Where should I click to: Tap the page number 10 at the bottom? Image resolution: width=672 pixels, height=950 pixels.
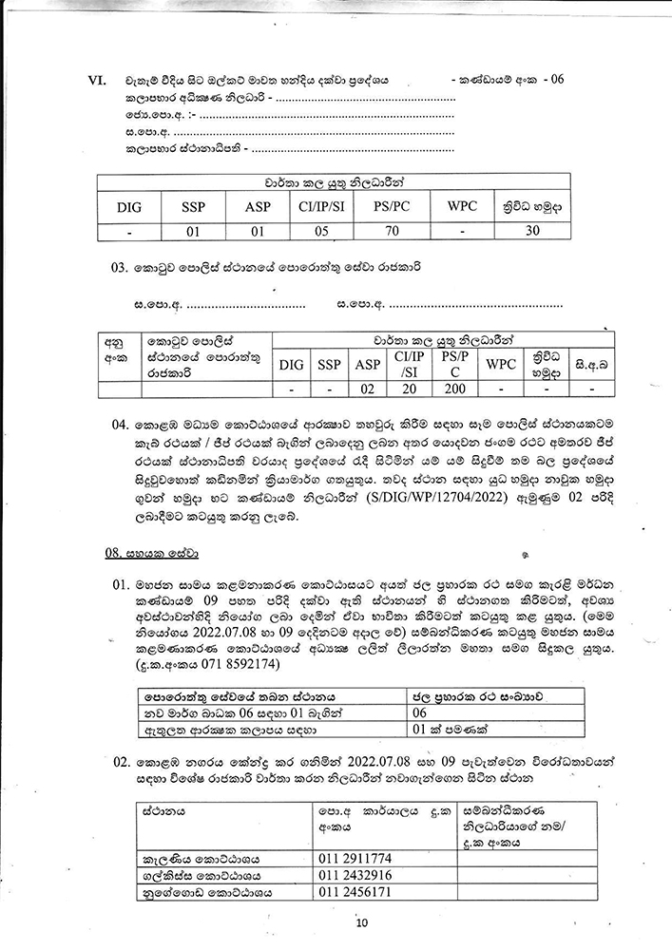click(x=361, y=921)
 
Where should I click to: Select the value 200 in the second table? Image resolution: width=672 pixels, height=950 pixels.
click(x=449, y=389)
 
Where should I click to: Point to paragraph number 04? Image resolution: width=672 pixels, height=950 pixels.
click(x=119, y=419)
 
